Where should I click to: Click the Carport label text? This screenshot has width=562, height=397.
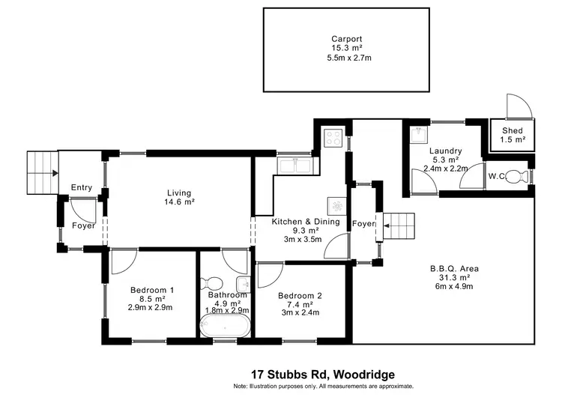point(347,39)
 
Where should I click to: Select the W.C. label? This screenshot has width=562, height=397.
point(495,177)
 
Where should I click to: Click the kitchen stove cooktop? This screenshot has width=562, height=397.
point(332,138)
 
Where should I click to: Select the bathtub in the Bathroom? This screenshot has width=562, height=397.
point(224,327)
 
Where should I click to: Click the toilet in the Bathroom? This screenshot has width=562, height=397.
point(214,283)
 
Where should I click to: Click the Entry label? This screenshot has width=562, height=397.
point(82,188)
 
